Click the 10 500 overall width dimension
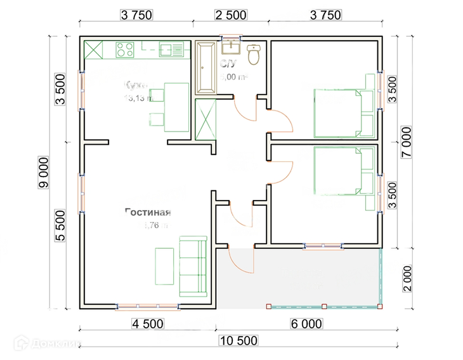pos(239,340)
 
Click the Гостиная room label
pos(148,213)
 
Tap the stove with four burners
pos(125,49)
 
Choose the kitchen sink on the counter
pos(171,50)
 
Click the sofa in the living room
pos(193,267)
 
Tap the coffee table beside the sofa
pos(165,266)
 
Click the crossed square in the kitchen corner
pos(93,50)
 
